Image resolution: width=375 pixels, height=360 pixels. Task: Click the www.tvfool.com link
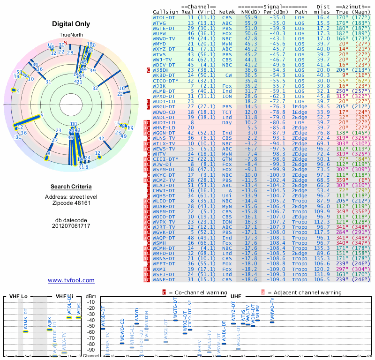click(x=71, y=280)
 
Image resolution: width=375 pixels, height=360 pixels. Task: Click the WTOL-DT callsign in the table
click(x=165, y=17)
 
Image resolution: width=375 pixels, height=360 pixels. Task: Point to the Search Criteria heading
click(x=71, y=187)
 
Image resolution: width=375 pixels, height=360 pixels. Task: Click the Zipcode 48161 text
click(x=71, y=203)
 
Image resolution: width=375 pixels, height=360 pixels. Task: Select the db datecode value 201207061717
click(x=71, y=226)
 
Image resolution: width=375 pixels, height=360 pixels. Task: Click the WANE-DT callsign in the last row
click(x=165, y=280)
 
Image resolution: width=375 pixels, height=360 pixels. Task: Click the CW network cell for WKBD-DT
click(x=228, y=75)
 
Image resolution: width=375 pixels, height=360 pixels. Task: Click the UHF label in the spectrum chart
click(x=236, y=297)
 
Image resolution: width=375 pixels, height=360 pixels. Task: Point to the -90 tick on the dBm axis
click(x=91, y=350)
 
